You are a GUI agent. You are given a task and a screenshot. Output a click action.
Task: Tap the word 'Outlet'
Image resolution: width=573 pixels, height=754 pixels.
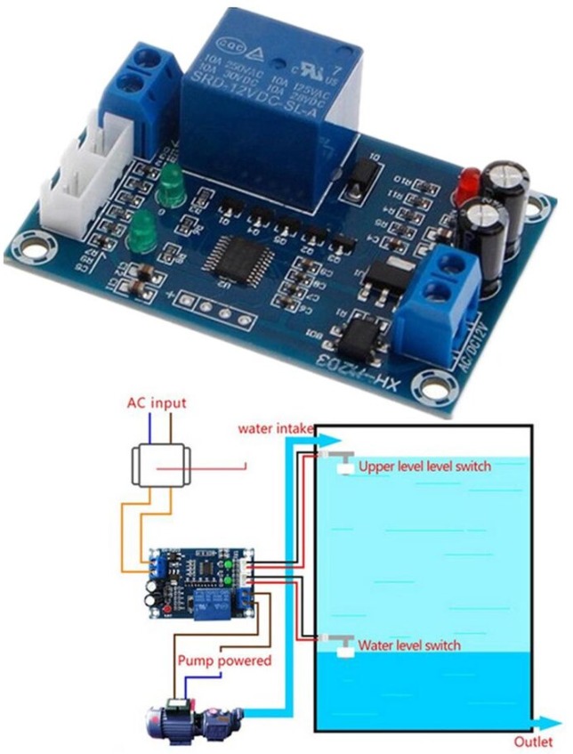[531, 741]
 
